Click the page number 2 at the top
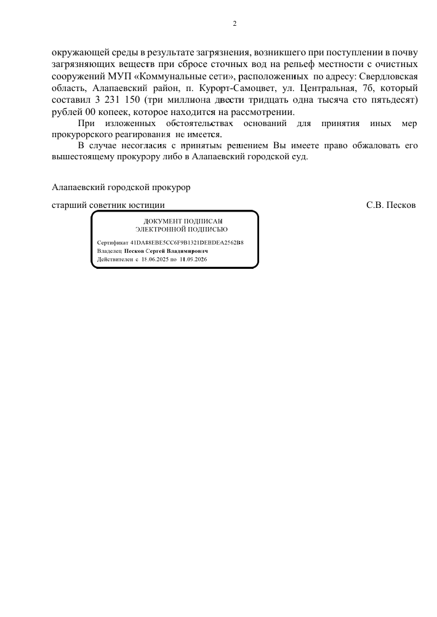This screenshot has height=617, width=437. point(235,24)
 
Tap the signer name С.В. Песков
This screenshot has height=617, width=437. point(391,205)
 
